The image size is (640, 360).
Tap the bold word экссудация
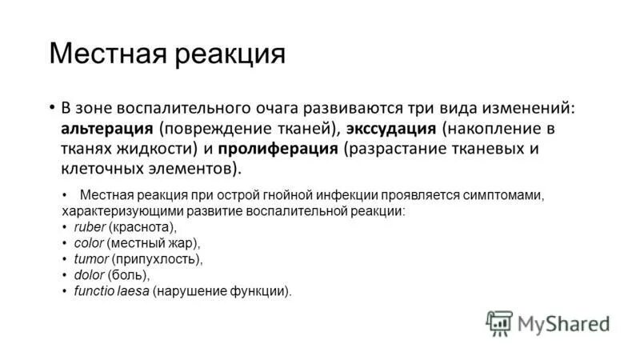click(x=391, y=128)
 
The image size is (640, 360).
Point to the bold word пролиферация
click(x=289, y=148)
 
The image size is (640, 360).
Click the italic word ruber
click(x=90, y=227)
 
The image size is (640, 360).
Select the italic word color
click(x=89, y=243)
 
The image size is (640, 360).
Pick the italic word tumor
click(x=90, y=259)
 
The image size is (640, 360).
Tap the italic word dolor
click(x=90, y=275)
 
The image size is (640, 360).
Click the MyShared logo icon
click(x=498, y=322)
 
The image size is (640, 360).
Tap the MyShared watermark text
click(x=563, y=323)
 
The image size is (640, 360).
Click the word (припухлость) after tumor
click(x=157, y=259)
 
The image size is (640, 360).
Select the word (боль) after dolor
click(x=128, y=275)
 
